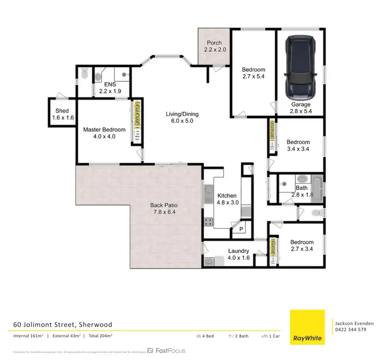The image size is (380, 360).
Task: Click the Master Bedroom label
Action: click(x=103, y=132)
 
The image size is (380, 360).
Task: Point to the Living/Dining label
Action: click(x=179, y=117)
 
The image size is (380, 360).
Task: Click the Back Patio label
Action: click(x=163, y=209)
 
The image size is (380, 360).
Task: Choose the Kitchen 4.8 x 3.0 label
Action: click(x=227, y=199)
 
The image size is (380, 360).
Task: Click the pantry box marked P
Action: click(x=241, y=230)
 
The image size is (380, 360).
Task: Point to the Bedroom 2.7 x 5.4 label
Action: click(x=253, y=73)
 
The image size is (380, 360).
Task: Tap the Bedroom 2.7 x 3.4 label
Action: click(x=302, y=246)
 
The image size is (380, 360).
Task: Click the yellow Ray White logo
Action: click(x=307, y=326)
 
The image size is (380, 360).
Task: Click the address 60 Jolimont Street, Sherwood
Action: click(x=63, y=324)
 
